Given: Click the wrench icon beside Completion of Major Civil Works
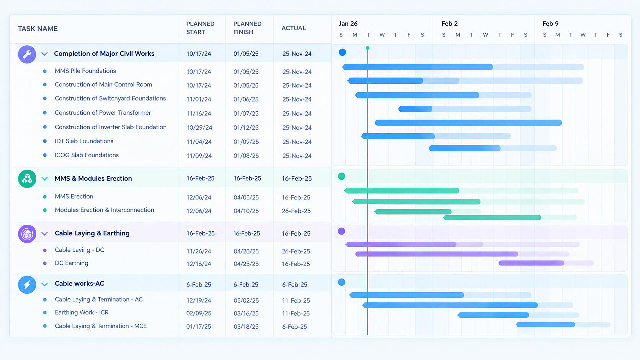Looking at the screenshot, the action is pos(27,54).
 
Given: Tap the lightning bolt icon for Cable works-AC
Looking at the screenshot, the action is pos(27,285).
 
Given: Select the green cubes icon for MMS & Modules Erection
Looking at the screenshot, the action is pos(27,179).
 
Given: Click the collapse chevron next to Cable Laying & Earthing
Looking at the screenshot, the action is pos(44,234).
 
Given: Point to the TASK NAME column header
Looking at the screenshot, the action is pos(38,29).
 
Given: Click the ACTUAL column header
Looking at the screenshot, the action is pos(294,28).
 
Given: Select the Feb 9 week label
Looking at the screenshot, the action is pos(550,24).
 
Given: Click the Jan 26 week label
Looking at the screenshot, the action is pos(348,24).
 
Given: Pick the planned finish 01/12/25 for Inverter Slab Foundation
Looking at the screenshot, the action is pos(246,128).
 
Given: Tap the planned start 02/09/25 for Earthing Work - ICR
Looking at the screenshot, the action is pos(199,313).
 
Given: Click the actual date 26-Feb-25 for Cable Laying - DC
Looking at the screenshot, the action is pos(296,251).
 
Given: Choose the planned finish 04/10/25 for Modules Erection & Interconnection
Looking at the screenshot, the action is pos(246,211).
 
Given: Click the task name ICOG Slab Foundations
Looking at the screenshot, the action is pos(87,155).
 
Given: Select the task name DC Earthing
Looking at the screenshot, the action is pos(72,263).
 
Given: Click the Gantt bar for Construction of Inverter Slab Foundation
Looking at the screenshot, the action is pos(468,123).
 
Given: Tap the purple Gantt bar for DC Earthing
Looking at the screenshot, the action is pos(531,263).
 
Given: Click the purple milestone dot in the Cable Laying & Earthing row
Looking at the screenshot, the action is pos(341,231).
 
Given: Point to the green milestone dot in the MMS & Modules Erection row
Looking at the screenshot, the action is pos(341,176).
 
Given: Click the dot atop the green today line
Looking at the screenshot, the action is pos(368,48).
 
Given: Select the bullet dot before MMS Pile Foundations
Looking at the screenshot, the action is pos(45,71).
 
